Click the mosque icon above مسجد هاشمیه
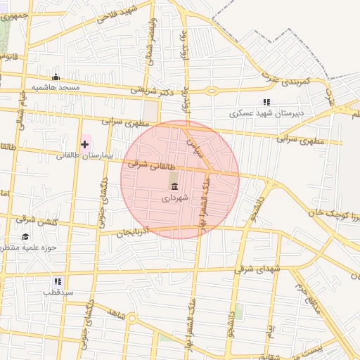56,77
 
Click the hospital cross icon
85,144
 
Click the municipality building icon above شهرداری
174,186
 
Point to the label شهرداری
175,198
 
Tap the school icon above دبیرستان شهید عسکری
266,102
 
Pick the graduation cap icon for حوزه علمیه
26,237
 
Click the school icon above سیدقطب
58,281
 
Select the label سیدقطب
58,292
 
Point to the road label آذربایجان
134,231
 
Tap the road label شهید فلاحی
114,15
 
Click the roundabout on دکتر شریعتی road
212,91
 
